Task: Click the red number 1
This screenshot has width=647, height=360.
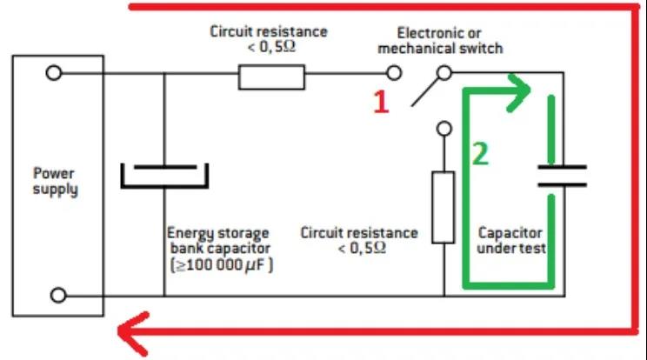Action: (x=381, y=102)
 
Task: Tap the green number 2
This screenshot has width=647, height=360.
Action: (x=480, y=153)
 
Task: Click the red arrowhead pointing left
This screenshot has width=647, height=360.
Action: (x=133, y=333)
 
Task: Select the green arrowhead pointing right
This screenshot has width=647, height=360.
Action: (x=519, y=92)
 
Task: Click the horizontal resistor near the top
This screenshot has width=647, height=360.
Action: (x=271, y=77)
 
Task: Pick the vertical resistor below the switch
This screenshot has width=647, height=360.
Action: (x=444, y=208)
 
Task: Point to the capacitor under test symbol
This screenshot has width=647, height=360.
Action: (x=562, y=176)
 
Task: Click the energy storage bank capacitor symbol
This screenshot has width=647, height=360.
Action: (x=164, y=176)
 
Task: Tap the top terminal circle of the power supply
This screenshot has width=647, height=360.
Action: (x=54, y=73)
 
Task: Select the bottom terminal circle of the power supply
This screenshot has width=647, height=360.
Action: (x=58, y=296)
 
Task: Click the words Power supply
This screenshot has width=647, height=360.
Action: (x=56, y=181)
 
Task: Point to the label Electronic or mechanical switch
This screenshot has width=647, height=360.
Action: (x=440, y=40)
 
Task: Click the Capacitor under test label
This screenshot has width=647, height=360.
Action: (x=510, y=240)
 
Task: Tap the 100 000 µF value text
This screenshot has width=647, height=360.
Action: (x=222, y=264)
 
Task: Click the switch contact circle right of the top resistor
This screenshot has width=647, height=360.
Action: (x=394, y=73)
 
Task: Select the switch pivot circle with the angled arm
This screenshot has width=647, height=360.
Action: (x=444, y=73)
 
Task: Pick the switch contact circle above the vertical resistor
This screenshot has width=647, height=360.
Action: (x=444, y=129)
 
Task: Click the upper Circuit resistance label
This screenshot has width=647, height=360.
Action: (x=269, y=39)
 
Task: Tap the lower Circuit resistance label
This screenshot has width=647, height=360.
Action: (x=359, y=240)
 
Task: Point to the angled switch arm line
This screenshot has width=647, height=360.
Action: (x=424, y=92)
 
